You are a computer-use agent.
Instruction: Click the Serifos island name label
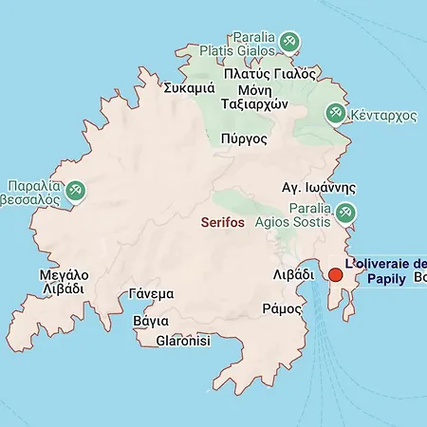223,222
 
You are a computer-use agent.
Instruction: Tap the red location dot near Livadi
335,275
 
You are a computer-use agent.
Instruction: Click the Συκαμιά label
187,88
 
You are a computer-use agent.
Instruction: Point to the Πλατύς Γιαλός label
269,73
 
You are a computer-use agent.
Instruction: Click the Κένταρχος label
384,114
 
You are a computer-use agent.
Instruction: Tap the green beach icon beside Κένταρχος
334,114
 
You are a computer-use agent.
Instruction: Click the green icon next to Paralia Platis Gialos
290,42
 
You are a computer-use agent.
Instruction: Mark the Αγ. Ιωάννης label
319,187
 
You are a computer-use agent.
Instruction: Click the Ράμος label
281,308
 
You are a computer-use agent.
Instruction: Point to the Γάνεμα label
152,293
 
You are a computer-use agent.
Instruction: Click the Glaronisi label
182,340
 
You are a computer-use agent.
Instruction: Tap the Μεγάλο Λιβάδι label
64,282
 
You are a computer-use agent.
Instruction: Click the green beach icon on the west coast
76,192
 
